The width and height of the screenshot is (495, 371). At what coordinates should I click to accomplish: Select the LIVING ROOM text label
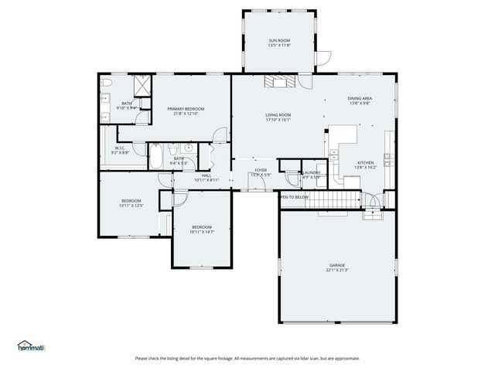tap(278, 114)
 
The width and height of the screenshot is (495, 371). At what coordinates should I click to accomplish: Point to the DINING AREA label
tap(360, 98)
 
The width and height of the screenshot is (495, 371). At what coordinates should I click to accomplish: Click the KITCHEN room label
tap(364, 163)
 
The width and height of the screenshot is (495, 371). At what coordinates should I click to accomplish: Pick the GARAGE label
tap(337, 265)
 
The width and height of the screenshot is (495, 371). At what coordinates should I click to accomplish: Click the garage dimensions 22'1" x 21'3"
tap(337, 271)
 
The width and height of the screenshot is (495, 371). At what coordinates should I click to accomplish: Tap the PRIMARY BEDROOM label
tap(186, 109)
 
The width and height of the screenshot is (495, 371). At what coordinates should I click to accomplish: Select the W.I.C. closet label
tap(120, 148)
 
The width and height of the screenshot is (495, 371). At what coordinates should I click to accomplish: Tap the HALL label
tap(207, 175)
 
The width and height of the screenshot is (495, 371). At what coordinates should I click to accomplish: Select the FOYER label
tap(261, 170)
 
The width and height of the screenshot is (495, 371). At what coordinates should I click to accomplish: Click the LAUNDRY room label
tap(312, 172)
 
